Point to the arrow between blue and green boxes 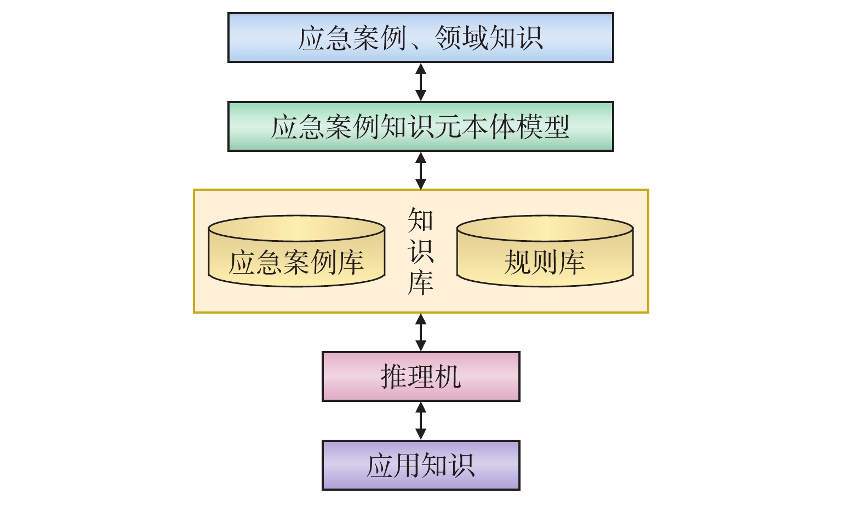(421, 82)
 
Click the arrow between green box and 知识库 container (421, 171)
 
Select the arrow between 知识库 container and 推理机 (421, 332)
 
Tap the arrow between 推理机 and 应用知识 (421, 421)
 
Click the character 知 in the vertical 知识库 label (421, 220)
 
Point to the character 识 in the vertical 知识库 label (421, 251)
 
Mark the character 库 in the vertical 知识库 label (421, 282)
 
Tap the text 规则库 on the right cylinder (545, 262)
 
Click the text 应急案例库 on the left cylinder (296, 262)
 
